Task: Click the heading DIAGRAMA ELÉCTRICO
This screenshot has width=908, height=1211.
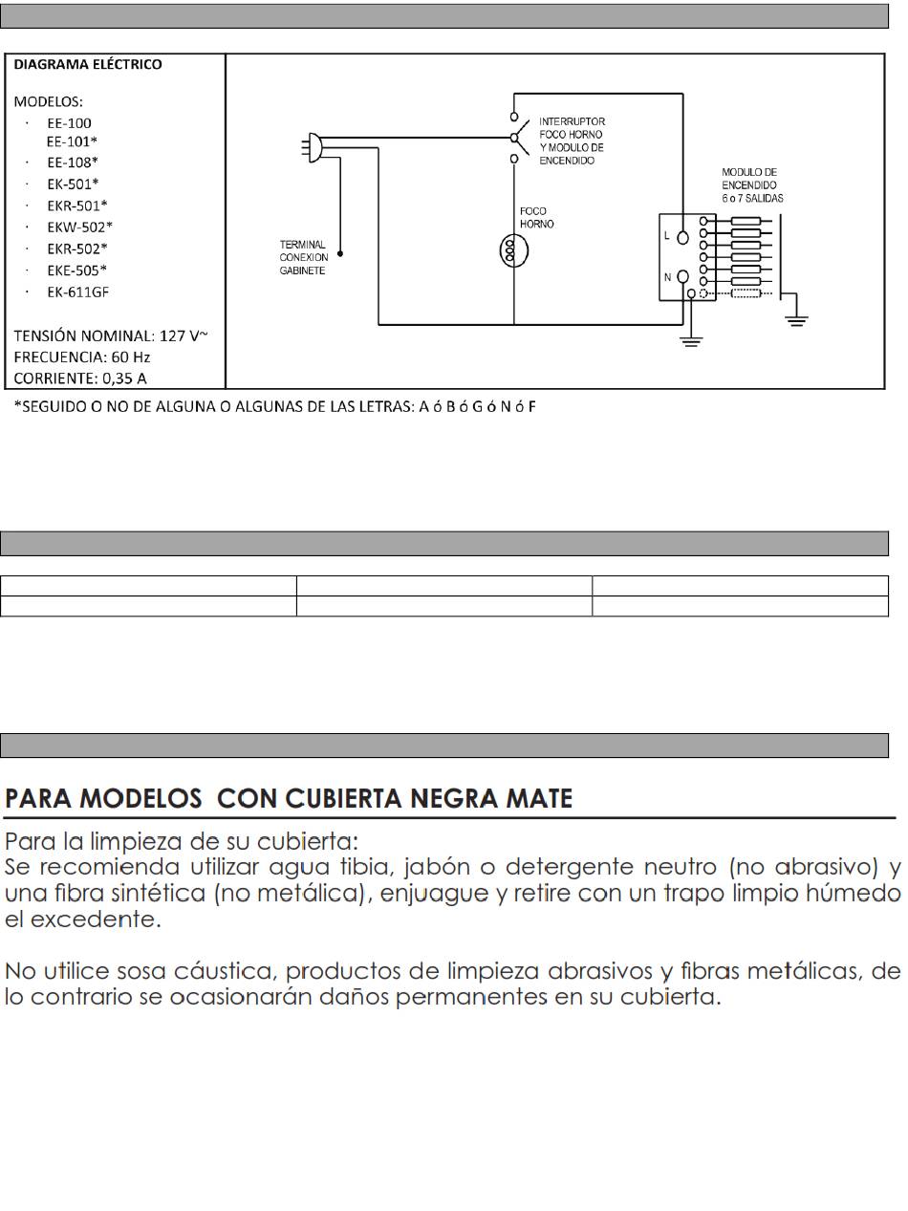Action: point(88,65)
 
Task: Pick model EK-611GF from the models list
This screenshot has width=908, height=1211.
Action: point(77,292)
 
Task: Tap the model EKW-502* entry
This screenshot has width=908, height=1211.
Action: point(79,227)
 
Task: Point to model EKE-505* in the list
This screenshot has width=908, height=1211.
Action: point(77,270)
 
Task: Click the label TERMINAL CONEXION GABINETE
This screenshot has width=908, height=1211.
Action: point(303,257)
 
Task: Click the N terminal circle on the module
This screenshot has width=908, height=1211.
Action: point(682,277)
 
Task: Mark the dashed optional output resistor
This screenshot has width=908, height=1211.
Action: point(746,293)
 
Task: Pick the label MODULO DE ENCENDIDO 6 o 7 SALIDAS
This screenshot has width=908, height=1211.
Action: point(752,184)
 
